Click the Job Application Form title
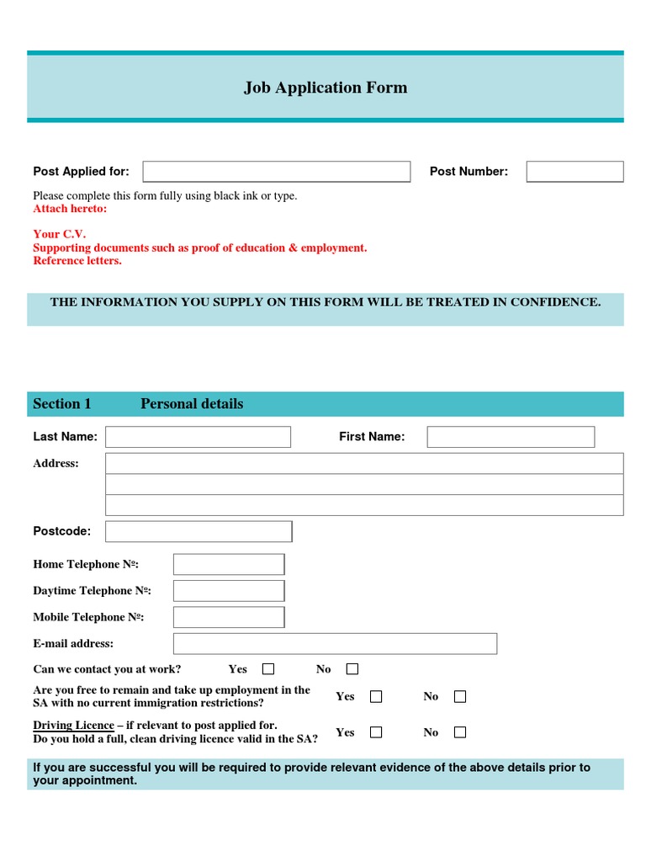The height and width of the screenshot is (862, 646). pyautogui.click(x=325, y=88)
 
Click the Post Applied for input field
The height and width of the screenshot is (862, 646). pyautogui.click(x=276, y=172)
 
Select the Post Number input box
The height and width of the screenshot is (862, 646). pyautogui.click(x=575, y=172)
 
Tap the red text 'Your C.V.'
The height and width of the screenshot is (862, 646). pyautogui.click(x=59, y=234)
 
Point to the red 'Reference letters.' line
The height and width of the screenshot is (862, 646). pyautogui.click(x=77, y=261)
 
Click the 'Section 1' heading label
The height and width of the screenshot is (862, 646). pyautogui.click(x=62, y=404)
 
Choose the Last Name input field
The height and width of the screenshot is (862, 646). pyautogui.click(x=198, y=437)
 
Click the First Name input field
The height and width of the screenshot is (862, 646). pyautogui.click(x=511, y=437)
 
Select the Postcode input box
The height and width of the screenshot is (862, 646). pyautogui.click(x=199, y=531)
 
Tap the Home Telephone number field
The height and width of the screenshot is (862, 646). pyautogui.click(x=229, y=564)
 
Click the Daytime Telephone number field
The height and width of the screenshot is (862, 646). pyautogui.click(x=229, y=591)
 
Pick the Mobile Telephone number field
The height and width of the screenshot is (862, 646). pyautogui.click(x=229, y=617)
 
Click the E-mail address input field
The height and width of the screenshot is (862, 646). pyautogui.click(x=335, y=644)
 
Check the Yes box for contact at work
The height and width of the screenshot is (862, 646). pyautogui.click(x=268, y=669)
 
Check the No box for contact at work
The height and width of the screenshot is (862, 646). pyautogui.click(x=352, y=669)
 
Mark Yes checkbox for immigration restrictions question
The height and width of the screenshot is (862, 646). pyautogui.click(x=376, y=696)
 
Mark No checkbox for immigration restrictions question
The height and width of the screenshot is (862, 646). pyautogui.click(x=460, y=696)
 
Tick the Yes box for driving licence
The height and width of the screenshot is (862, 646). pyautogui.click(x=376, y=732)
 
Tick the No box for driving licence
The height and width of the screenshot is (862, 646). pyautogui.click(x=460, y=732)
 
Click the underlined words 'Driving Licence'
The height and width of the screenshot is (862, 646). pyautogui.click(x=73, y=726)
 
